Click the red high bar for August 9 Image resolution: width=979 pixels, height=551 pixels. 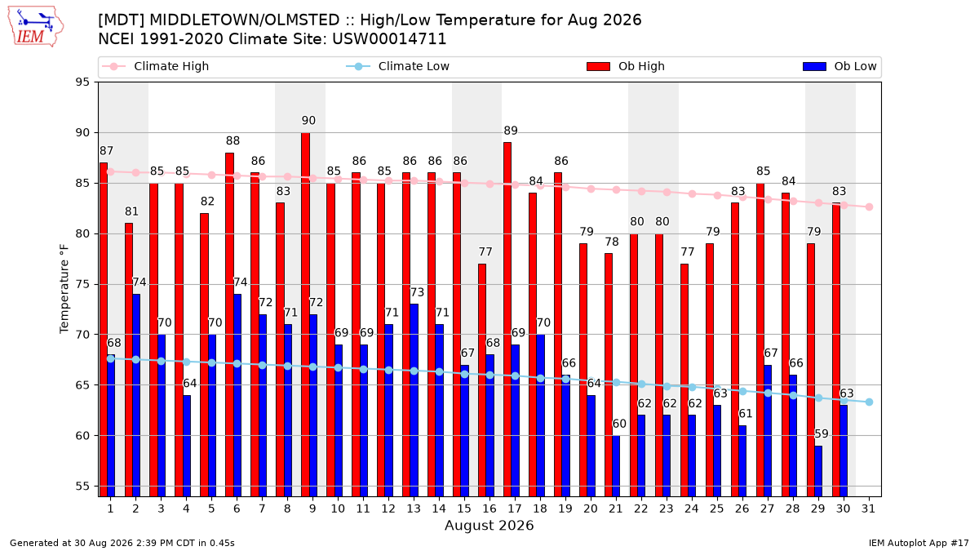[x=305, y=314]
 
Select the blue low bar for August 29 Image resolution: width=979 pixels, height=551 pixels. [x=818, y=471]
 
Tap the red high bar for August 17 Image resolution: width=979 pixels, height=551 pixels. [x=507, y=319]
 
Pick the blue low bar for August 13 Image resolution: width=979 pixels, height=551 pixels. [x=414, y=400]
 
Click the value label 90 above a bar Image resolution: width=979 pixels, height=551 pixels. [x=308, y=120]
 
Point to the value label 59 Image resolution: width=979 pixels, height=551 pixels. [x=822, y=433]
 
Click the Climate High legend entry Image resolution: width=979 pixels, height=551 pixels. [x=155, y=66]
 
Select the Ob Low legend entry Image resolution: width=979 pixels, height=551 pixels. [x=839, y=66]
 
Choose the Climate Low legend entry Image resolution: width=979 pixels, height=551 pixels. [x=398, y=66]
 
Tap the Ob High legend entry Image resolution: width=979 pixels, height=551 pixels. [x=626, y=66]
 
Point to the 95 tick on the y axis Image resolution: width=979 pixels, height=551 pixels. [x=82, y=82]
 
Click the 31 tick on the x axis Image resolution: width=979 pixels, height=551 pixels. [x=868, y=509]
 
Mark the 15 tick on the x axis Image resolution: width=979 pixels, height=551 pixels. [x=464, y=509]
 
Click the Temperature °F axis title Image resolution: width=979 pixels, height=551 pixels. [x=64, y=289]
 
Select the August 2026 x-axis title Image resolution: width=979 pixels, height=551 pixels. [x=489, y=525]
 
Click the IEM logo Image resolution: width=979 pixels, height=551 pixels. [x=35, y=27]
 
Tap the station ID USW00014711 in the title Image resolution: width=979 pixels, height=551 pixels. [x=389, y=39]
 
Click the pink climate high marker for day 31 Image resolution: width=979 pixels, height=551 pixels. [x=869, y=207]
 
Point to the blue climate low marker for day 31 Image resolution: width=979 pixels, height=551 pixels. [x=869, y=402]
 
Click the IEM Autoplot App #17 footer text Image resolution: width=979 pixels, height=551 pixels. [x=919, y=543]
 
